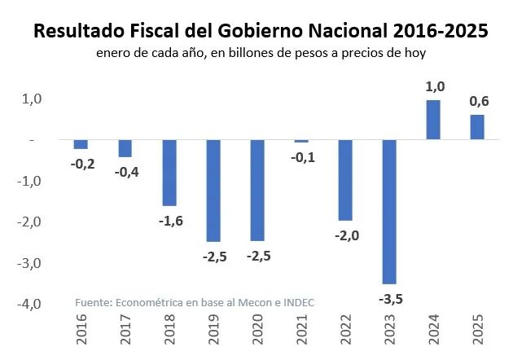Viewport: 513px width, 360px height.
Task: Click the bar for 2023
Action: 389,211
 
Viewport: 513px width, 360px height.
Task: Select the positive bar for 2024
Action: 433,120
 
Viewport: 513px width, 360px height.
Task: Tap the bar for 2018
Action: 169,172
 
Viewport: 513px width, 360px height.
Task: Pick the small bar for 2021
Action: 301,141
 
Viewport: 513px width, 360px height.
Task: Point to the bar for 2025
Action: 477,127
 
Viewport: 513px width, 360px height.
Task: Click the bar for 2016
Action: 81,144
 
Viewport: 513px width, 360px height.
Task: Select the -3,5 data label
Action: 391,299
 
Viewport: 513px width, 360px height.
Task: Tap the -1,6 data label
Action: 169,222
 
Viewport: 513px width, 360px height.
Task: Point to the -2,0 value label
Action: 346,236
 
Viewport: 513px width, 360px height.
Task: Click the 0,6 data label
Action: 478,101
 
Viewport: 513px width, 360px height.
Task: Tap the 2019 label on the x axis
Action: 214,336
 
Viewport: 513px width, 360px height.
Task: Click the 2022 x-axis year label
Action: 346,336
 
